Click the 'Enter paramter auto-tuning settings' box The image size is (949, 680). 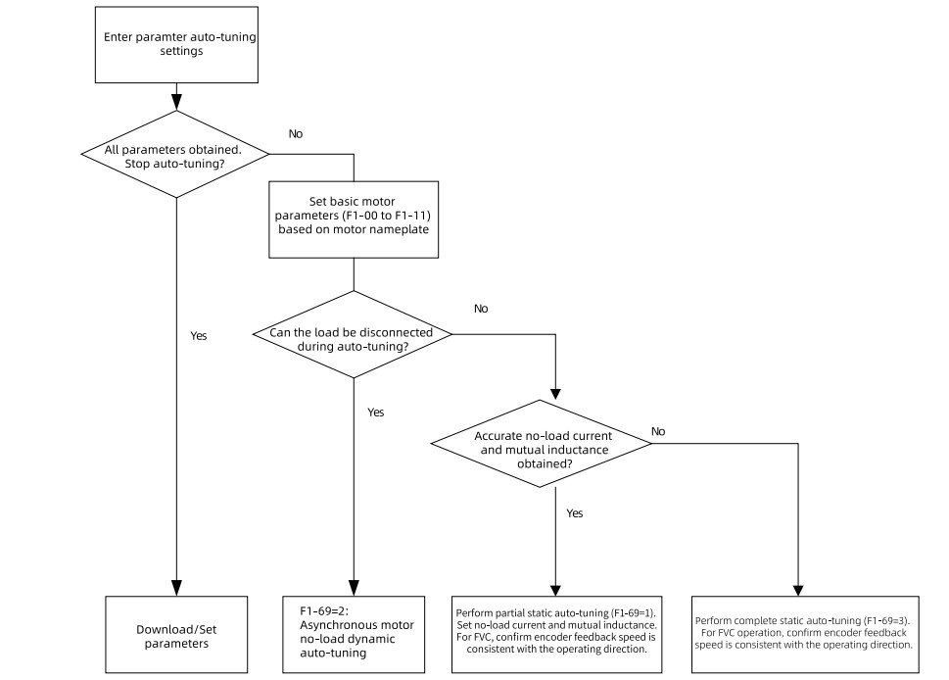pos(176,45)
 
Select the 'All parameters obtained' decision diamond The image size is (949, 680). pos(175,155)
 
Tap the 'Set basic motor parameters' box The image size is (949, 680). pos(354,219)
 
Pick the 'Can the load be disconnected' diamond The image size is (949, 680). pos(353,334)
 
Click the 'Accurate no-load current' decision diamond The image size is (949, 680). pos(542,443)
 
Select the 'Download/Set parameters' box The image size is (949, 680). pos(176,635)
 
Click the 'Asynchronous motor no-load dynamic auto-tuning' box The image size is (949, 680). pos(354,635)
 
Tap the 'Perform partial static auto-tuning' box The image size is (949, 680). pos(557,635)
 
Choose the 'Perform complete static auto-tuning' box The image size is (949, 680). pos(805,635)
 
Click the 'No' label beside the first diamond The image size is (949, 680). pos(296,134)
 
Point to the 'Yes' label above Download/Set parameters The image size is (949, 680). pos(199,336)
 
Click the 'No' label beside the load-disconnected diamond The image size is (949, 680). pos(481,309)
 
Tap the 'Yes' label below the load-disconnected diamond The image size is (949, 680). pos(376,413)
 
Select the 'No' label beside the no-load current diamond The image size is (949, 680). pos(658,432)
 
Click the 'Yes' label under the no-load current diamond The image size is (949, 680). pos(575,513)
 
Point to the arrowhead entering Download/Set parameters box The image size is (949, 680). pos(176,588)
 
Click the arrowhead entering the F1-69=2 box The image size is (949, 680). pos(355,588)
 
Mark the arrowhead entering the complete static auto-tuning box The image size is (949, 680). pos(798,591)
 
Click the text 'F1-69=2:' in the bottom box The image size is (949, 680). pos(324,611)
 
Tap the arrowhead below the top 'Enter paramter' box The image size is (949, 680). pos(176,102)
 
